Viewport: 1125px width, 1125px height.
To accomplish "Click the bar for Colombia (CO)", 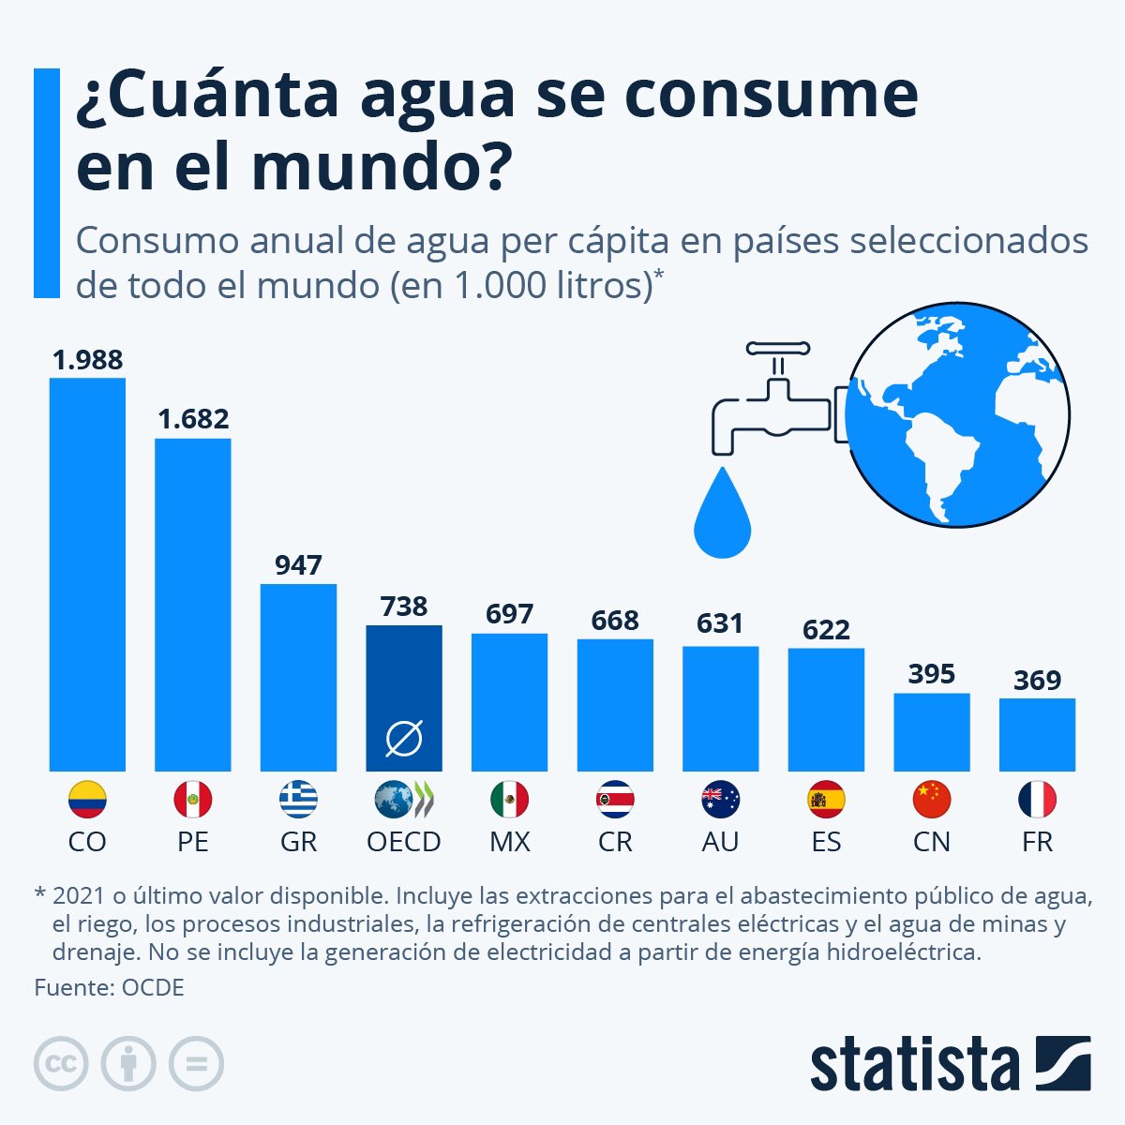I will pyautogui.click(x=87, y=574).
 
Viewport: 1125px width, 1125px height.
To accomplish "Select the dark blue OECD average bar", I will pyautogui.click(x=404, y=697).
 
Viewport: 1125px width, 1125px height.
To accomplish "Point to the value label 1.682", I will pyautogui.click(x=193, y=419).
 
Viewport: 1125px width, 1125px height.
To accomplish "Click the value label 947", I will pyautogui.click(x=298, y=565).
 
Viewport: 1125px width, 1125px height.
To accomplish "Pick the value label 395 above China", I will pyautogui.click(x=931, y=674).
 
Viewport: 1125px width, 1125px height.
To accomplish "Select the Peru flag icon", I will pyautogui.click(x=193, y=800).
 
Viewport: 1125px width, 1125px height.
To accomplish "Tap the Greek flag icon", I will pyautogui.click(x=298, y=800).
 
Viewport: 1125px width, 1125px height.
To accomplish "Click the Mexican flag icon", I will pyautogui.click(x=509, y=800).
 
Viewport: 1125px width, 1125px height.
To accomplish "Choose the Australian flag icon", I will pyautogui.click(x=720, y=800).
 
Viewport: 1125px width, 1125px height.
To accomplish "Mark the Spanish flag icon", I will pyautogui.click(x=826, y=800).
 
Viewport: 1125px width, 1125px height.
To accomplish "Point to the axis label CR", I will pyautogui.click(x=615, y=842).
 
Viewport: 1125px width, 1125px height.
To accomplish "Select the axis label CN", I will pyautogui.click(x=931, y=842).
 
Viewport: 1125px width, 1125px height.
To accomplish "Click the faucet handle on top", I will pyautogui.click(x=776, y=349).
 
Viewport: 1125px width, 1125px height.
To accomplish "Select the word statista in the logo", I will pyautogui.click(x=914, y=1064).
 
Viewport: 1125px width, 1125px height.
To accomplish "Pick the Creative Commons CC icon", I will pyautogui.click(x=61, y=1064).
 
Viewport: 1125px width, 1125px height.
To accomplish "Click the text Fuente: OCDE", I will pyautogui.click(x=110, y=987).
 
